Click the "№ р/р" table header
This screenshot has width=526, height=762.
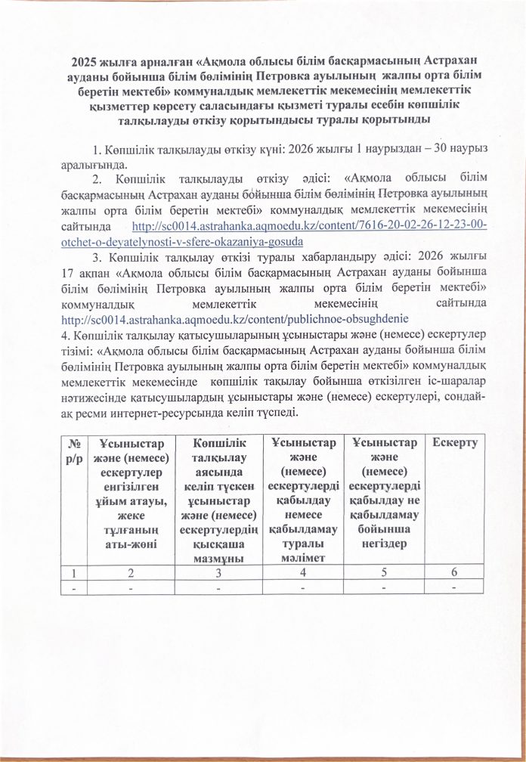[x=73, y=451]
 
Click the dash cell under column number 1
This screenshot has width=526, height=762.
[x=73, y=588]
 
